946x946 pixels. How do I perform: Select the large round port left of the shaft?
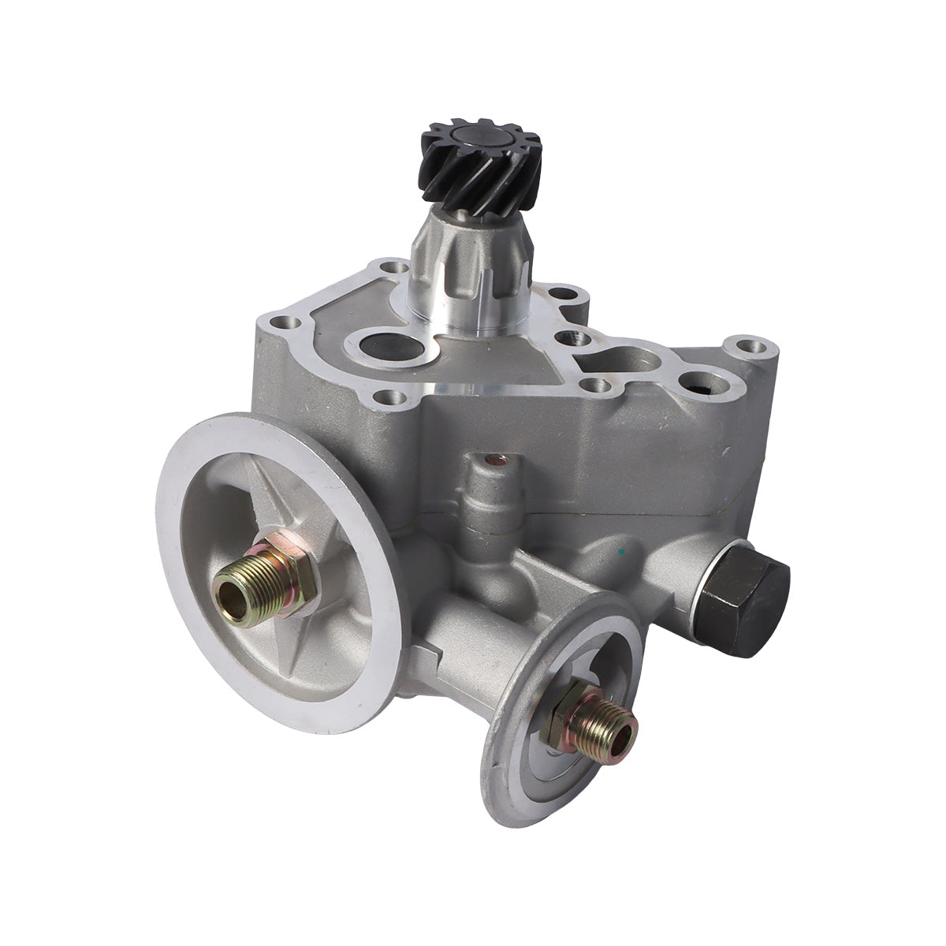point(374,347)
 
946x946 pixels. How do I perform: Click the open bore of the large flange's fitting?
point(228,590)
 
